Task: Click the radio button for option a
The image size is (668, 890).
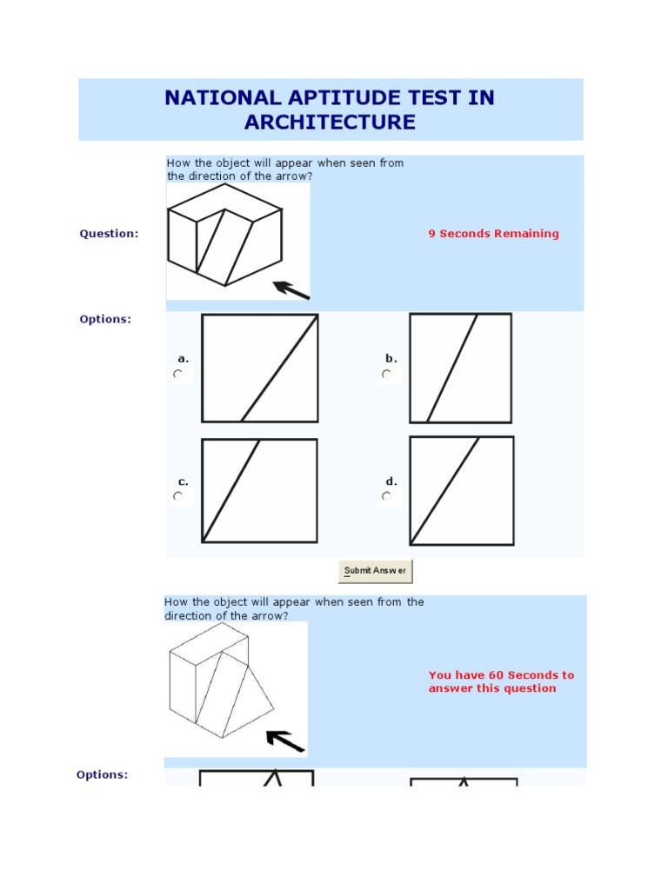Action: pyautogui.click(x=178, y=375)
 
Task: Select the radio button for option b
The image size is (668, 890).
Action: pyautogui.click(x=386, y=375)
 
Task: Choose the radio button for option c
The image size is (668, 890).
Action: pyautogui.click(x=178, y=497)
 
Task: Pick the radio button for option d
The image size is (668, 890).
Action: pyautogui.click(x=386, y=497)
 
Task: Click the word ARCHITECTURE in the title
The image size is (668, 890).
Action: pyautogui.click(x=330, y=123)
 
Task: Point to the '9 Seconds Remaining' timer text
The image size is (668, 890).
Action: pyautogui.click(x=493, y=234)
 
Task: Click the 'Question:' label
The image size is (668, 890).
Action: pyautogui.click(x=109, y=234)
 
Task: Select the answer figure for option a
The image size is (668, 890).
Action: pyautogui.click(x=260, y=369)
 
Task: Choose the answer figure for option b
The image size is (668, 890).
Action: pyautogui.click(x=461, y=369)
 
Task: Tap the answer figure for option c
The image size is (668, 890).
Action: pyautogui.click(x=259, y=491)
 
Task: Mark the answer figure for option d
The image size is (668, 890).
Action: pyautogui.click(x=462, y=491)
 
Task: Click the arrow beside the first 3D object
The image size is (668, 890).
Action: pyautogui.click(x=291, y=290)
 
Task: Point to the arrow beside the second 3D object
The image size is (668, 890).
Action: pyautogui.click(x=285, y=741)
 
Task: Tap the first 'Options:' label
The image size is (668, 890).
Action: pyautogui.click(x=105, y=319)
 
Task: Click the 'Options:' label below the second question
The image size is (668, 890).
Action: pyautogui.click(x=102, y=774)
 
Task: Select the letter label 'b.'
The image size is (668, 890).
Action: pyautogui.click(x=391, y=358)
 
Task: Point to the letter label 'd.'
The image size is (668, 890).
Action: pyautogui.click(x=391, y=482)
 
